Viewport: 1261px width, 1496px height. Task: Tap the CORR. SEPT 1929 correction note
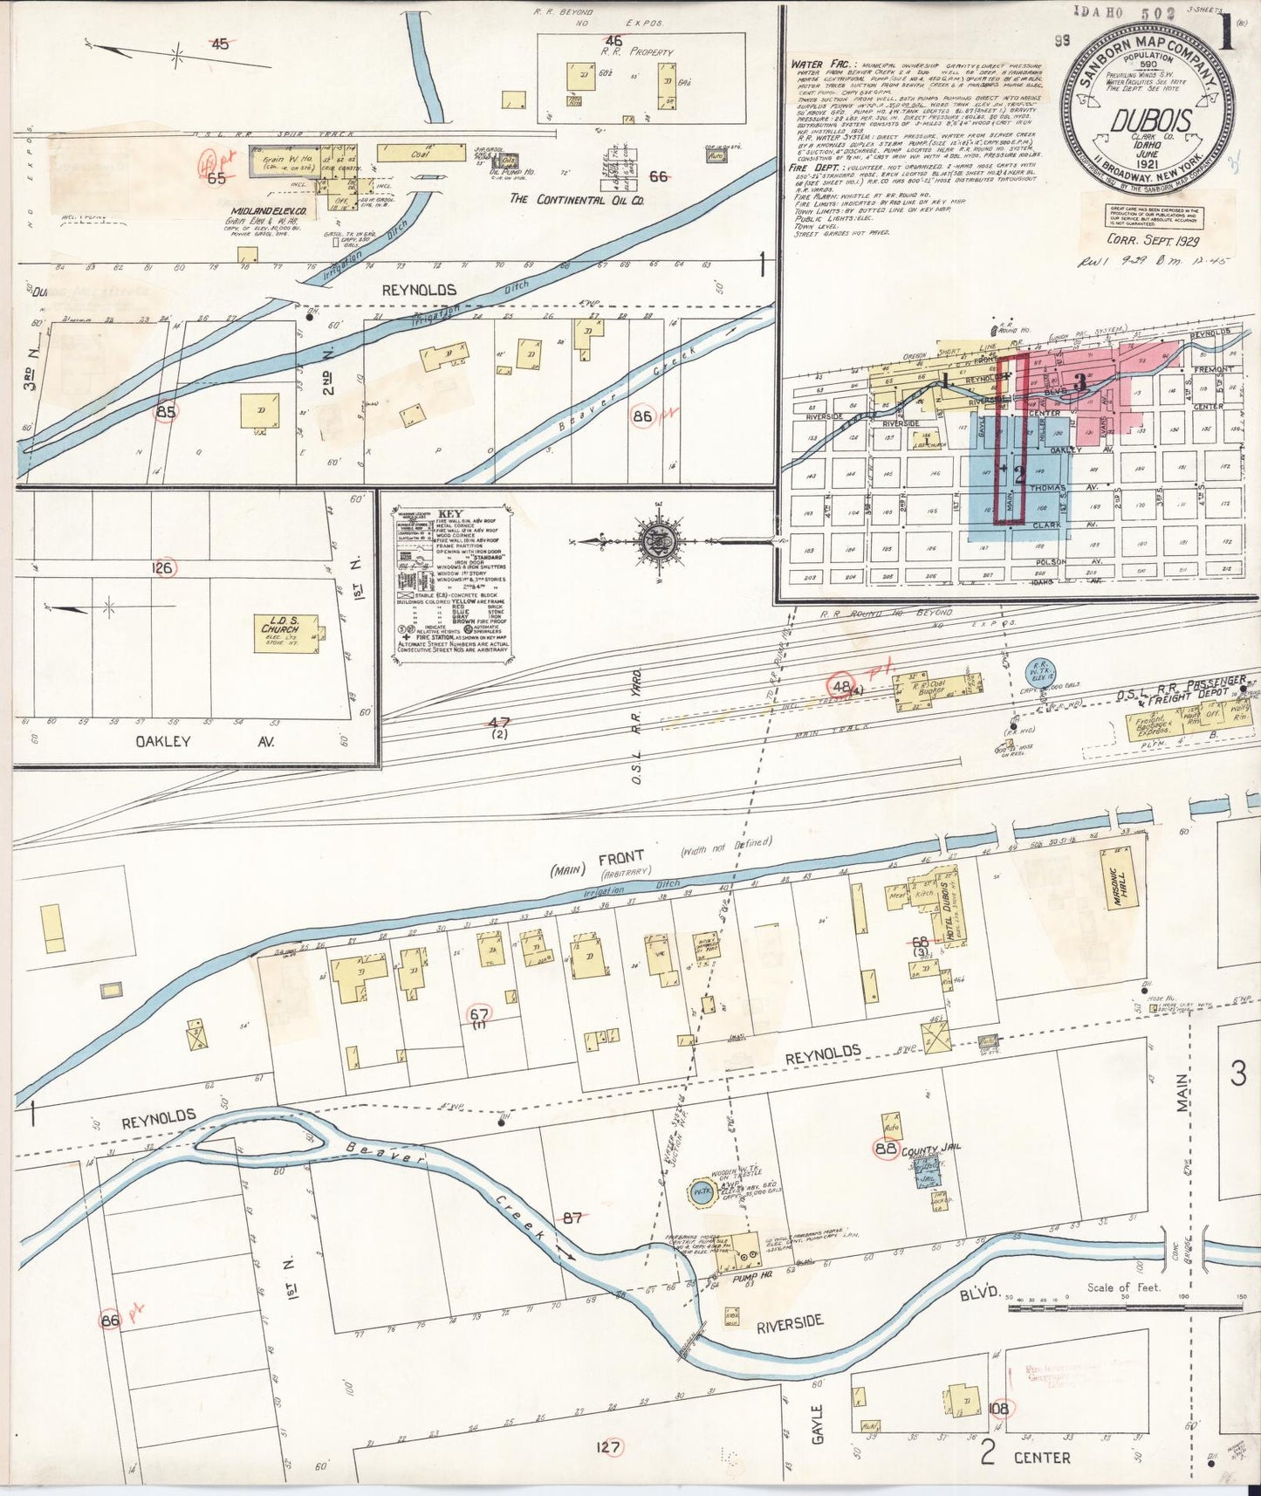click(1152, 240)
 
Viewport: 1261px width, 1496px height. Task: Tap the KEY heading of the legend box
click(451, 514)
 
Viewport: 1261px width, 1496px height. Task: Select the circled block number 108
click(1000, 1408)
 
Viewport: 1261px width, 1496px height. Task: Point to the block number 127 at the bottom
click(608, 1448)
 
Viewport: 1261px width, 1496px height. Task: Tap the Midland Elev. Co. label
click(268, 211)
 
